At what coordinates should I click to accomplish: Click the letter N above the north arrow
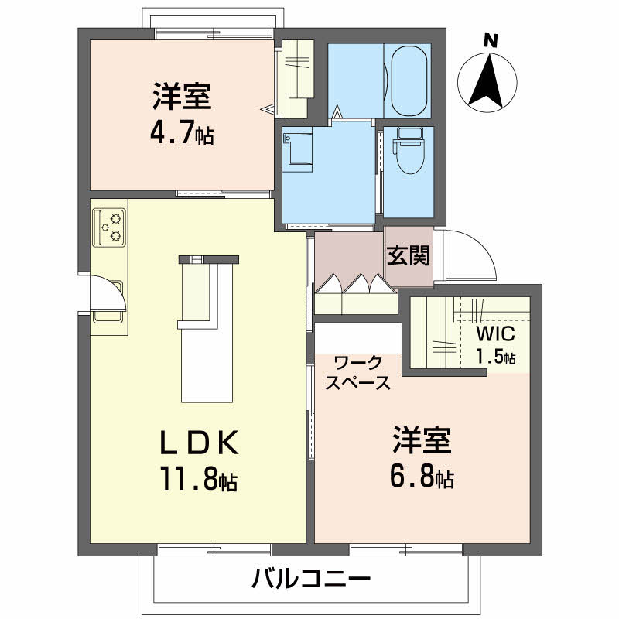[489, 41]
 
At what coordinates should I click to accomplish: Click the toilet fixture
[407, 151]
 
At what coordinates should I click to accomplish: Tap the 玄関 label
[408, 255]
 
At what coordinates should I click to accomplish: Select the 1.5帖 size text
[496, 357]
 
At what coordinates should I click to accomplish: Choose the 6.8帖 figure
[421, 477]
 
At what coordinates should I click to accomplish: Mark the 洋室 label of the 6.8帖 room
[421, 442]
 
